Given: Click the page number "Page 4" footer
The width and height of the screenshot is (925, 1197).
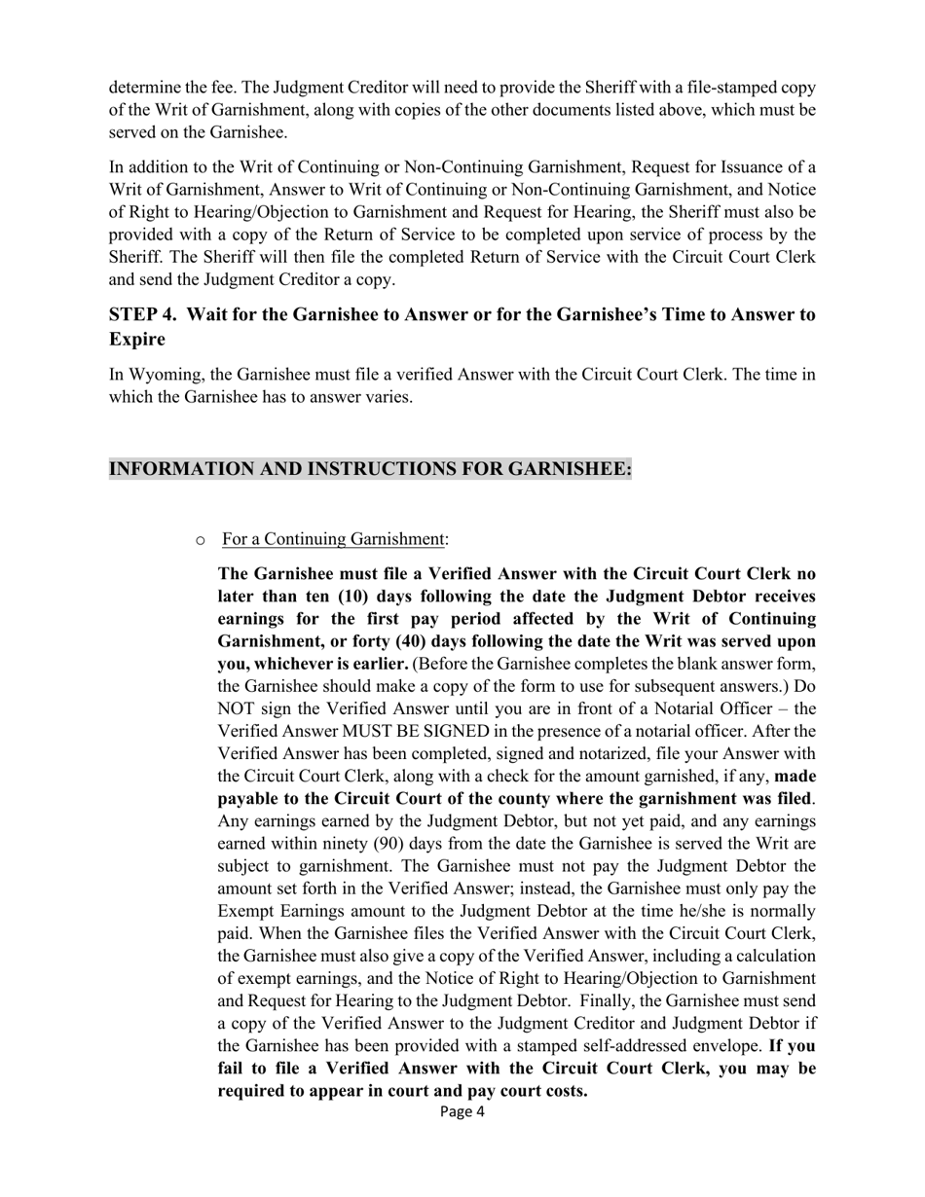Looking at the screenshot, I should tap(462, 1112).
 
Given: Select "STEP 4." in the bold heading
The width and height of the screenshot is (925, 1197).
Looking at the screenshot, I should tap(142, 314).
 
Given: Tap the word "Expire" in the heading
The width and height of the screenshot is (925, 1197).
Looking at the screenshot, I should tap(136, 340).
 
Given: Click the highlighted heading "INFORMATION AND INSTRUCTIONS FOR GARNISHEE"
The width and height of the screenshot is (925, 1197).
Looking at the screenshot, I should tap(370, 469).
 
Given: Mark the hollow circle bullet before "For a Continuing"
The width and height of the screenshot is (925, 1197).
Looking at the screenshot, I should tap(201, 540).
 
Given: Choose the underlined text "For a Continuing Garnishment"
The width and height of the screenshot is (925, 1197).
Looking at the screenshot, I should tap(334, 539).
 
